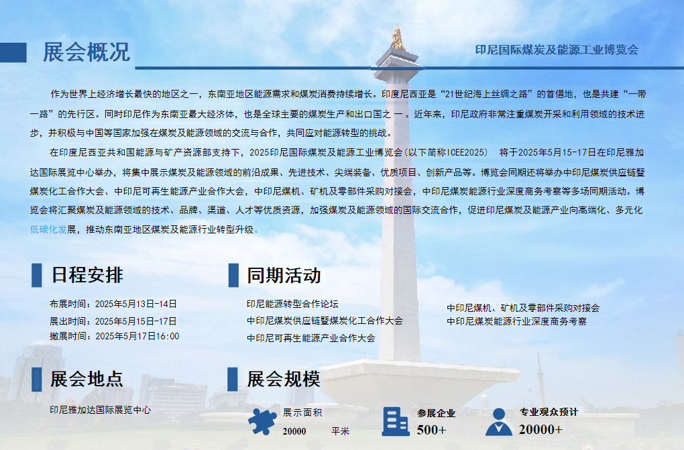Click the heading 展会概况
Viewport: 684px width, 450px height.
(87, 52)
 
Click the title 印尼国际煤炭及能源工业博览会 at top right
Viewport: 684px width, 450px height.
(557, 50)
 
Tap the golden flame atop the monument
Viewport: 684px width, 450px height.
(397, 38)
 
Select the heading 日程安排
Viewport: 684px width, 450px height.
(87, 275)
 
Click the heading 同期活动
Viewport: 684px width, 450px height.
(284, 276)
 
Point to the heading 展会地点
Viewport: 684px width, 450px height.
(87, 379)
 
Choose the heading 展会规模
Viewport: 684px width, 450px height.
(284, 379)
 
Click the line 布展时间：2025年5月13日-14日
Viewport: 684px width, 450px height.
(113, 304)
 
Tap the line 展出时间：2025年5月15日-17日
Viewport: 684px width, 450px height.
(113, 321)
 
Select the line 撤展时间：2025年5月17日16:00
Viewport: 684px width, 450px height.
(114, 336)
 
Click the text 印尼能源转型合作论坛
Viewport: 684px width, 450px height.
(292, 304)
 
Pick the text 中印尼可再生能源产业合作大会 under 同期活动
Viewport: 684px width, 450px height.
(310, 338)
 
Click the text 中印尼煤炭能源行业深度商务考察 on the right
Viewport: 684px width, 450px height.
(516, 321)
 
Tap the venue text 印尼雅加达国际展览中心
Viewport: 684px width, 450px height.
(100, 410)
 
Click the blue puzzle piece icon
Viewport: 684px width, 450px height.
(262, 422)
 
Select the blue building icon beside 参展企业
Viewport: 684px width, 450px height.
(395, 422)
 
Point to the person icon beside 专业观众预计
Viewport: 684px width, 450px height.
(499, 422)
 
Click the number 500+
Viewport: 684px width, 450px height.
(431, 430)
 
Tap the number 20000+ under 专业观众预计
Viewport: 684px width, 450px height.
(540, 429)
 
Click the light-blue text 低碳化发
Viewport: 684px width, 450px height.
(48, 229)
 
